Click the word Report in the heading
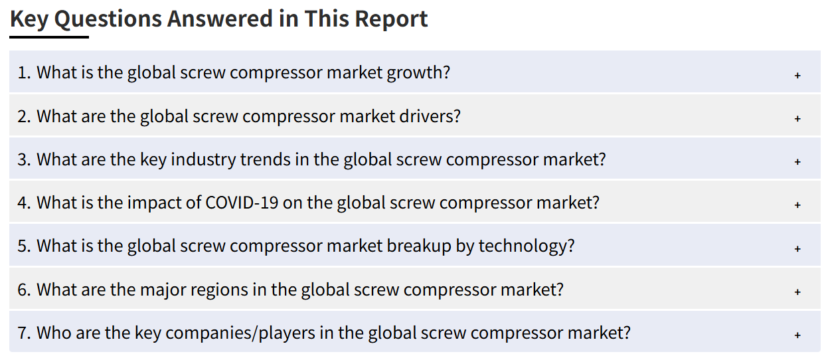point(391,19)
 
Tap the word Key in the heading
point(29,19)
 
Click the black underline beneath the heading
point(49,37)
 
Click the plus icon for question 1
point(797,75)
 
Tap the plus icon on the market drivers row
point(797,118)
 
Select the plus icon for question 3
point(797,161)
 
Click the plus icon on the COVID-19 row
point(797,205)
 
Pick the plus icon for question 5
point(797,248)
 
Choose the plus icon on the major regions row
point(797,292)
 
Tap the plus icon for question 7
point(797,335)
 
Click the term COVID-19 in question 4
point(242,203)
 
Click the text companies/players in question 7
point(240,333)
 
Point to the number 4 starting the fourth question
point(22,203)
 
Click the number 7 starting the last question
point(22,333)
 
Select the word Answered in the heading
point(220,19)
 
